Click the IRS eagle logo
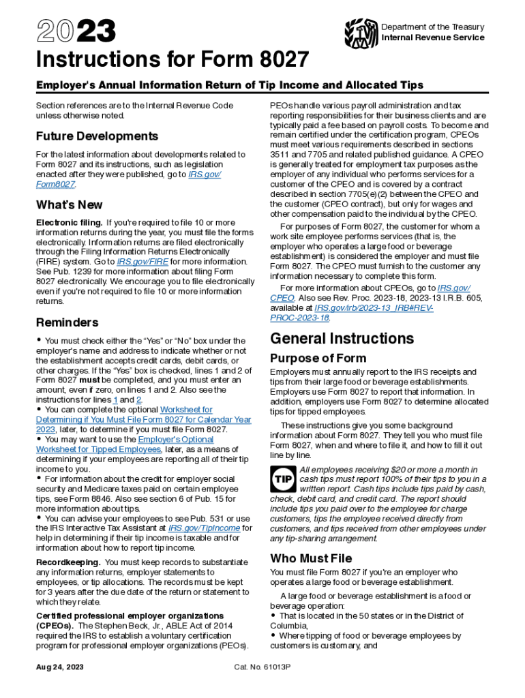pos(361,32)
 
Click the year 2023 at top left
pos(76,31)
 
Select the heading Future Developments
pos(97,136)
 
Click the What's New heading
pos(69,204)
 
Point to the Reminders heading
pos(67,322)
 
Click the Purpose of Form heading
pos(318,358)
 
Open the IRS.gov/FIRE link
pos(142,261)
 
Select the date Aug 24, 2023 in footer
pos(61,667)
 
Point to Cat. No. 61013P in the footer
pos(262,667)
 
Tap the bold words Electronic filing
pos(69,223)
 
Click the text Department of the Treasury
pos(433,27)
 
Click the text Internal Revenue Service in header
pos(433,37)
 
